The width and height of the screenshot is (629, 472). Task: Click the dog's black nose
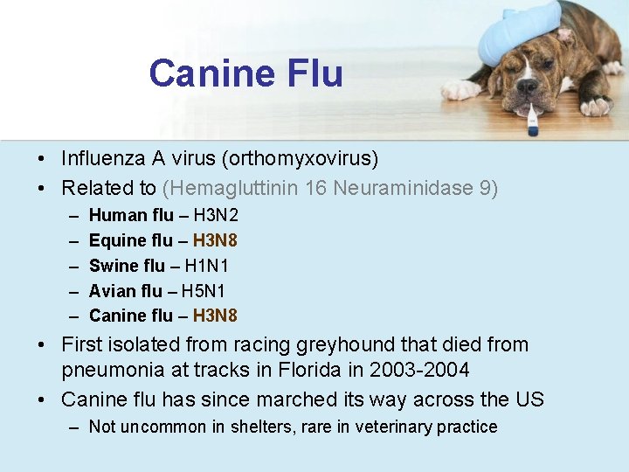pyautogui.click(x=527, y=86)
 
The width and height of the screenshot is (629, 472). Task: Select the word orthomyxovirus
pyautogui.click(x=301, y=159)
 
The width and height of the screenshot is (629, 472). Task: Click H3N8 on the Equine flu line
pyautogui.click(x=215, y=240)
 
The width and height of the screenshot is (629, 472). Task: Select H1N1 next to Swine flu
pyautogui.click(x=207, y=266)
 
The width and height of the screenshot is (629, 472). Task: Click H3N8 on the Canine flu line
pyautogui.click(x=215, y=316)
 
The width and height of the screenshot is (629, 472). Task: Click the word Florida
pyautogui.click(x=299, y=371)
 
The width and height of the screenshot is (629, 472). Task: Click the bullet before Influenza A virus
pyautogui.click(x=41, y=159)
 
